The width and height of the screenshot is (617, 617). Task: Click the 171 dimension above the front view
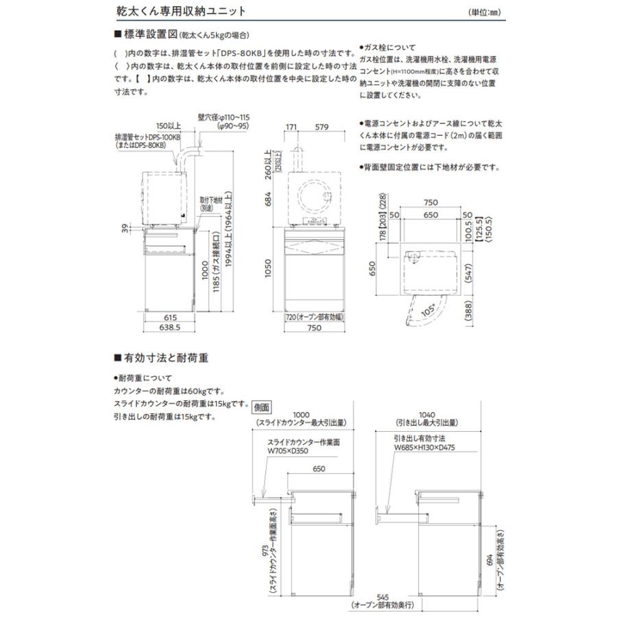tap(290, 127)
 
